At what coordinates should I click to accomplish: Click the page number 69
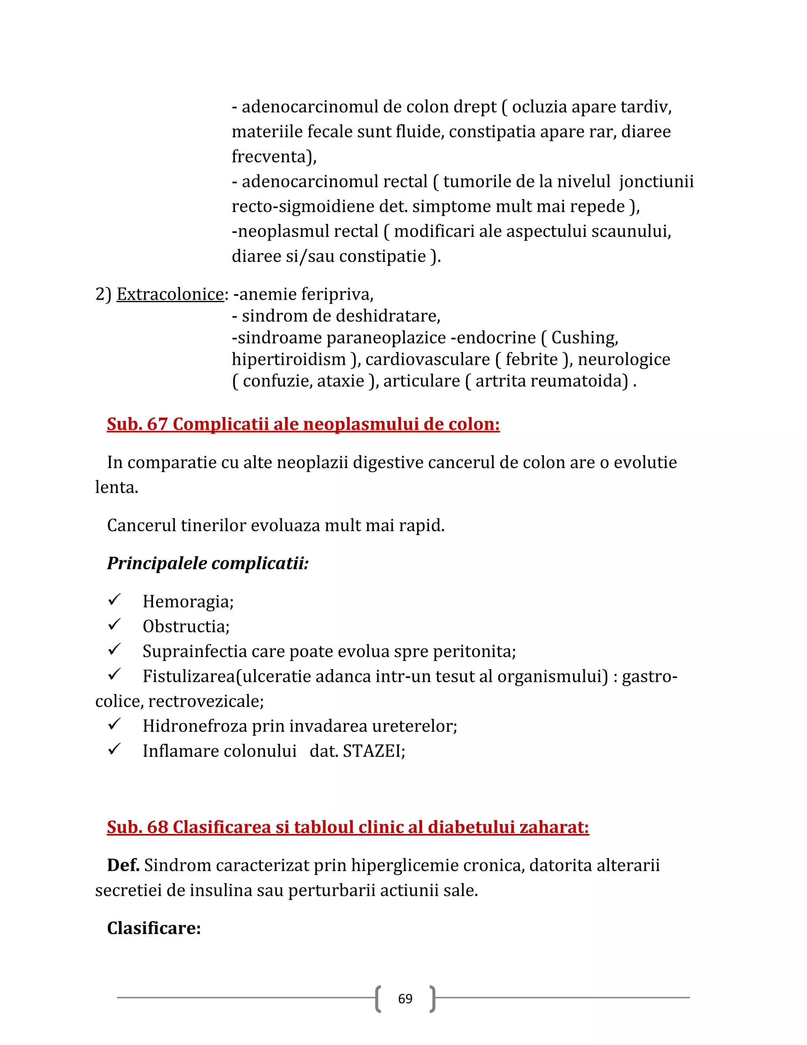405,999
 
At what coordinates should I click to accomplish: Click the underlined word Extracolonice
170,294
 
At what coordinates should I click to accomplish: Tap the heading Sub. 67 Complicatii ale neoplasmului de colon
303,424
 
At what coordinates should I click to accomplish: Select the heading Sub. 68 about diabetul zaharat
348,827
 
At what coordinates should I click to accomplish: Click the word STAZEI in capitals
373,751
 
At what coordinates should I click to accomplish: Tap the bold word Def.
123,866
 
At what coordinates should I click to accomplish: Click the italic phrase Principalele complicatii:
208,563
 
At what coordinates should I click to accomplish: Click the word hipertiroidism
289,359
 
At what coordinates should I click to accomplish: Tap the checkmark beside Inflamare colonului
114,749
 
